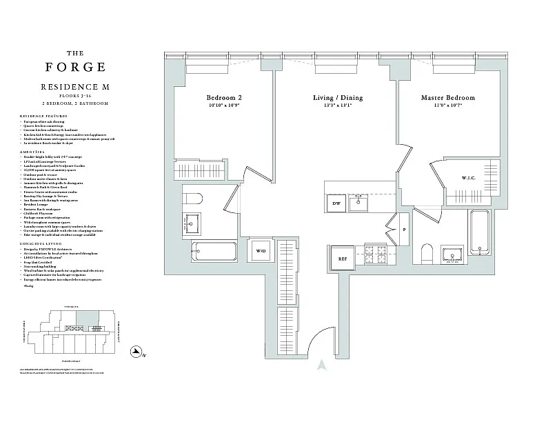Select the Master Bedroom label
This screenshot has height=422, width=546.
(x=448, y=98)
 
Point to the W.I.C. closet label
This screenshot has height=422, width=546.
(x=470, y=179)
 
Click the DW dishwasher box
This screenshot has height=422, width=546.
(x=337, y=203)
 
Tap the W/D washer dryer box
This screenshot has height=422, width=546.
(x=261, y=251)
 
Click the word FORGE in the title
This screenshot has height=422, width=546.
(x=76, y=68)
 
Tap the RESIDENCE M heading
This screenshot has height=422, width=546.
(x=75, y=88)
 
